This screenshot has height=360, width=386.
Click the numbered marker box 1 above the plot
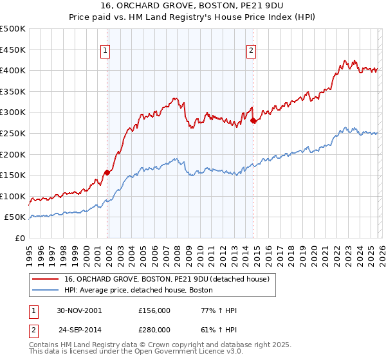pyautogui.click(x=105, y=53)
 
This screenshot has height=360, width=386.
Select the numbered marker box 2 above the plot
pyautogui.click(x=251, y=53)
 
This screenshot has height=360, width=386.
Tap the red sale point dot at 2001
pyautogui.click(x=107, y=172)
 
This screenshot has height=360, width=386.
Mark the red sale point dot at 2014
pyautogui.click(x=253, y=120)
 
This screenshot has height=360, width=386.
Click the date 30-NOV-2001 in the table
pyautogui.click(x=79, y=310)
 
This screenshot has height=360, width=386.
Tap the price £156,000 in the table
pyautogui.click(x=154, y=310)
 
